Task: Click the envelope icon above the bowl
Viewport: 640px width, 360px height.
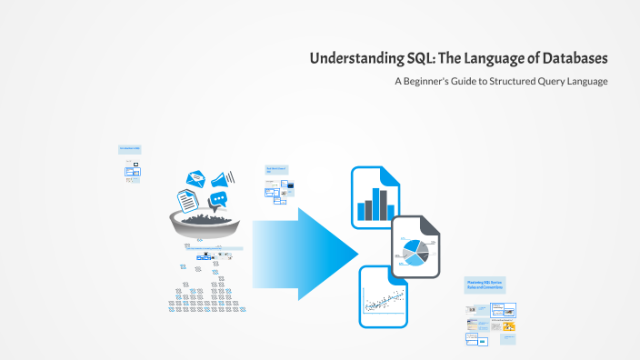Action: click(195, 178)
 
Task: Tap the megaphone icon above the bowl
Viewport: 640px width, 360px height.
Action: click(223, 177)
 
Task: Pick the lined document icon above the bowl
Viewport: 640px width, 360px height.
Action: click(186, 197)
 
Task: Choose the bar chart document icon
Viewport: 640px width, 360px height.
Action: click(374, 196)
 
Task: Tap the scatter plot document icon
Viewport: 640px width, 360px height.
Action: click(383, 297)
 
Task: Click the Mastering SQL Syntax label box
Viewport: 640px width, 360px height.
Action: click(485, 285)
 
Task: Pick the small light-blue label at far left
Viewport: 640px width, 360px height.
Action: click(129, 149)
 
